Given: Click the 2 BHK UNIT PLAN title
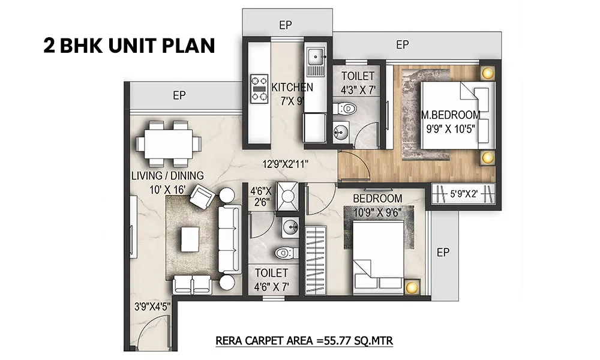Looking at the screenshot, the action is [x=129, y=46].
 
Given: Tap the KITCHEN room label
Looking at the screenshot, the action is [x=292, y=87].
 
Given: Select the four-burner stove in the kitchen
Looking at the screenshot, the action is [x=259, y=88].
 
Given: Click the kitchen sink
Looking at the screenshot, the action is [x=316, y=57].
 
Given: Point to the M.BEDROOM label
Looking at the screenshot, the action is [x=451, y=115].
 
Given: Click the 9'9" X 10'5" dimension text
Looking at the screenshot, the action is [x=451, y=129].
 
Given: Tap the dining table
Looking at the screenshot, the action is [x=169, y=144].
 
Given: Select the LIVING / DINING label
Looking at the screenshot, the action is [x=167, y=176].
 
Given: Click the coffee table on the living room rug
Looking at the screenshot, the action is [x=190, y=239].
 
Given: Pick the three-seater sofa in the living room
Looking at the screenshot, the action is [x=230, y=239].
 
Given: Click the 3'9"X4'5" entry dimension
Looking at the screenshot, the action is [x=152, y=307].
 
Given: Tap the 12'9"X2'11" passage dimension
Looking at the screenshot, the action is [x=286, y=164].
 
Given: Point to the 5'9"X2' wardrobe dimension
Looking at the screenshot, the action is [x=464, y=194].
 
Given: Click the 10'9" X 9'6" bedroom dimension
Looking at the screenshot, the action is [x=377, y=212].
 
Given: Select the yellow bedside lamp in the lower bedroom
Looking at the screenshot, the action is [x=412, y=287].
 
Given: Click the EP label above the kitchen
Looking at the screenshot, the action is [x=286, y=25].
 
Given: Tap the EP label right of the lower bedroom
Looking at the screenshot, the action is [x=443, y=252].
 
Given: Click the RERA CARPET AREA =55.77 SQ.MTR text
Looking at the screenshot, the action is [x=304, y=340].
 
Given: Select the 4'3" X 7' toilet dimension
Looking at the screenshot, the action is [x=358, y=90].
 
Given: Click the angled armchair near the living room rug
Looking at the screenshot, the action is [x=202, y=197].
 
